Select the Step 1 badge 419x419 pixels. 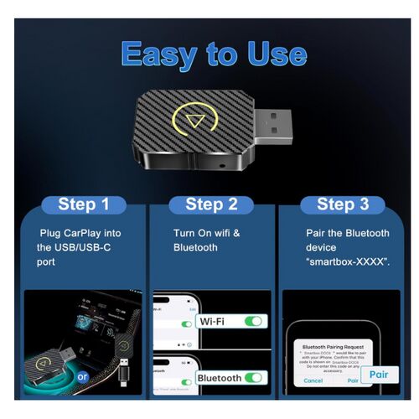coord(83,204)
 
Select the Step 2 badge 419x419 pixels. coord(209,204)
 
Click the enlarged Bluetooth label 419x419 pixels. coord(219,378)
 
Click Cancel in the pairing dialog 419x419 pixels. coord(313,380)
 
